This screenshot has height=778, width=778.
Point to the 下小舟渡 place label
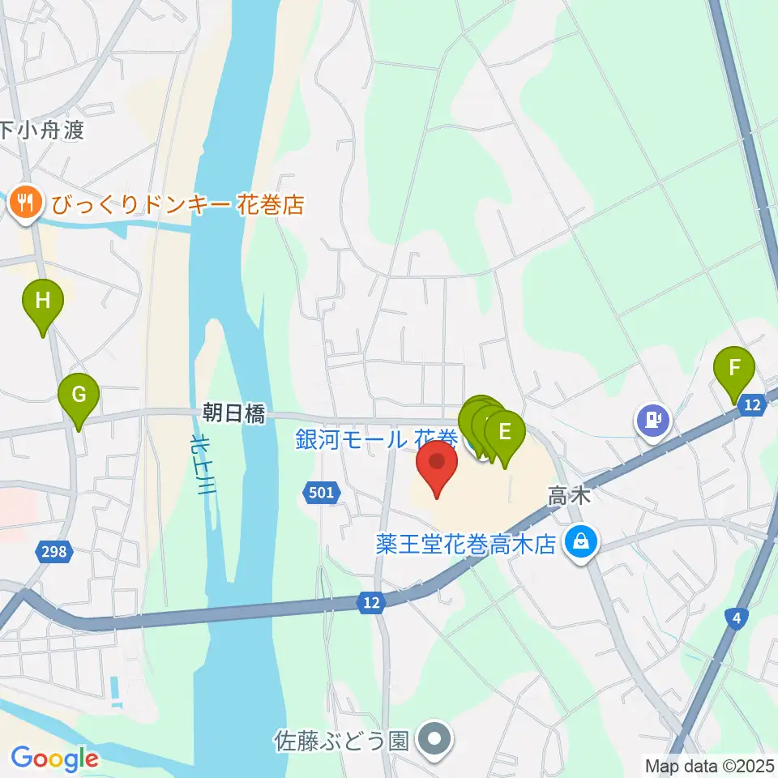pyautogui.click(x=42, y=130)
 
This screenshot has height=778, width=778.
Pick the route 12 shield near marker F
pyautogui.click(x=753, y=405)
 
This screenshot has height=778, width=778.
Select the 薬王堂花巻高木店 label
pyautogui.click(x=467, y=544)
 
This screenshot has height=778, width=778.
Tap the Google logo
pyautogui.click(x=54, y=759)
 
